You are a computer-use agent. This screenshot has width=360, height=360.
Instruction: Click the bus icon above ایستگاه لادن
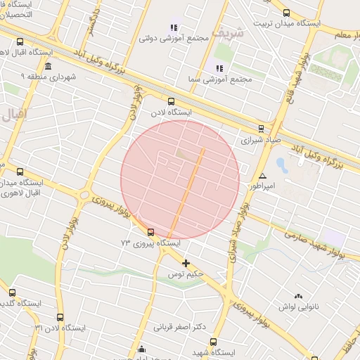coord(172,101)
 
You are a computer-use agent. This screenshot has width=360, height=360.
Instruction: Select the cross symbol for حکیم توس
coord(186,264)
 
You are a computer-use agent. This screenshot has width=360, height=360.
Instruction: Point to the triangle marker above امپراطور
coord(262,176)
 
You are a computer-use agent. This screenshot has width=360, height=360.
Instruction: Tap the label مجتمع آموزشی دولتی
coord(175,38)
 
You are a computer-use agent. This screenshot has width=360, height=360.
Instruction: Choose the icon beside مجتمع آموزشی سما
coord(219,68)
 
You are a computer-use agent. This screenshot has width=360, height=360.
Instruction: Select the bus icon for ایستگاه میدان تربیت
coord(286,12)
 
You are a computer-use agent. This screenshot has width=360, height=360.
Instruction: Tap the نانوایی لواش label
coord(300,307)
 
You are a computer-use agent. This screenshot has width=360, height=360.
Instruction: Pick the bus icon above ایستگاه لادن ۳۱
coord(60,318)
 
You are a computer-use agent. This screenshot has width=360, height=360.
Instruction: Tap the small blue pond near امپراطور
coord(281,166)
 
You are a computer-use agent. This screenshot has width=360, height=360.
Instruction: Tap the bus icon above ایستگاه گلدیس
coord(12,292)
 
